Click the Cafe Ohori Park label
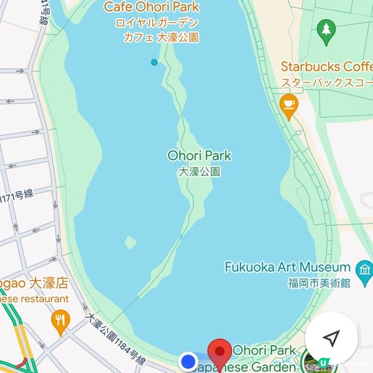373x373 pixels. pos(152,7)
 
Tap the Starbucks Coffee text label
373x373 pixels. pos(326,67)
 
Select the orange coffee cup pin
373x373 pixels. pos(288,106)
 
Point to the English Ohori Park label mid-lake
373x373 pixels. pos(199,155)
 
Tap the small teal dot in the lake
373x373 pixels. pos(154,62)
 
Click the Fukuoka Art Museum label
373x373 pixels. pos(287,267)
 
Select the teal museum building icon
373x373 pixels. pos(363,269)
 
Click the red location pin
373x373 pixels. pos(219,352)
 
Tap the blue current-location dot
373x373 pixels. pos(188,361)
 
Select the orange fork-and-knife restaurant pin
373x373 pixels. pos(60,321)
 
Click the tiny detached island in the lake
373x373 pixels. pos(131,242)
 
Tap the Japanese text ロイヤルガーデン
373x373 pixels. pos(157,23)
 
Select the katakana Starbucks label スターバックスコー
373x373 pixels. pos(326,82)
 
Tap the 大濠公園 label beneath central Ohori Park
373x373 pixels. pos(199,172)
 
